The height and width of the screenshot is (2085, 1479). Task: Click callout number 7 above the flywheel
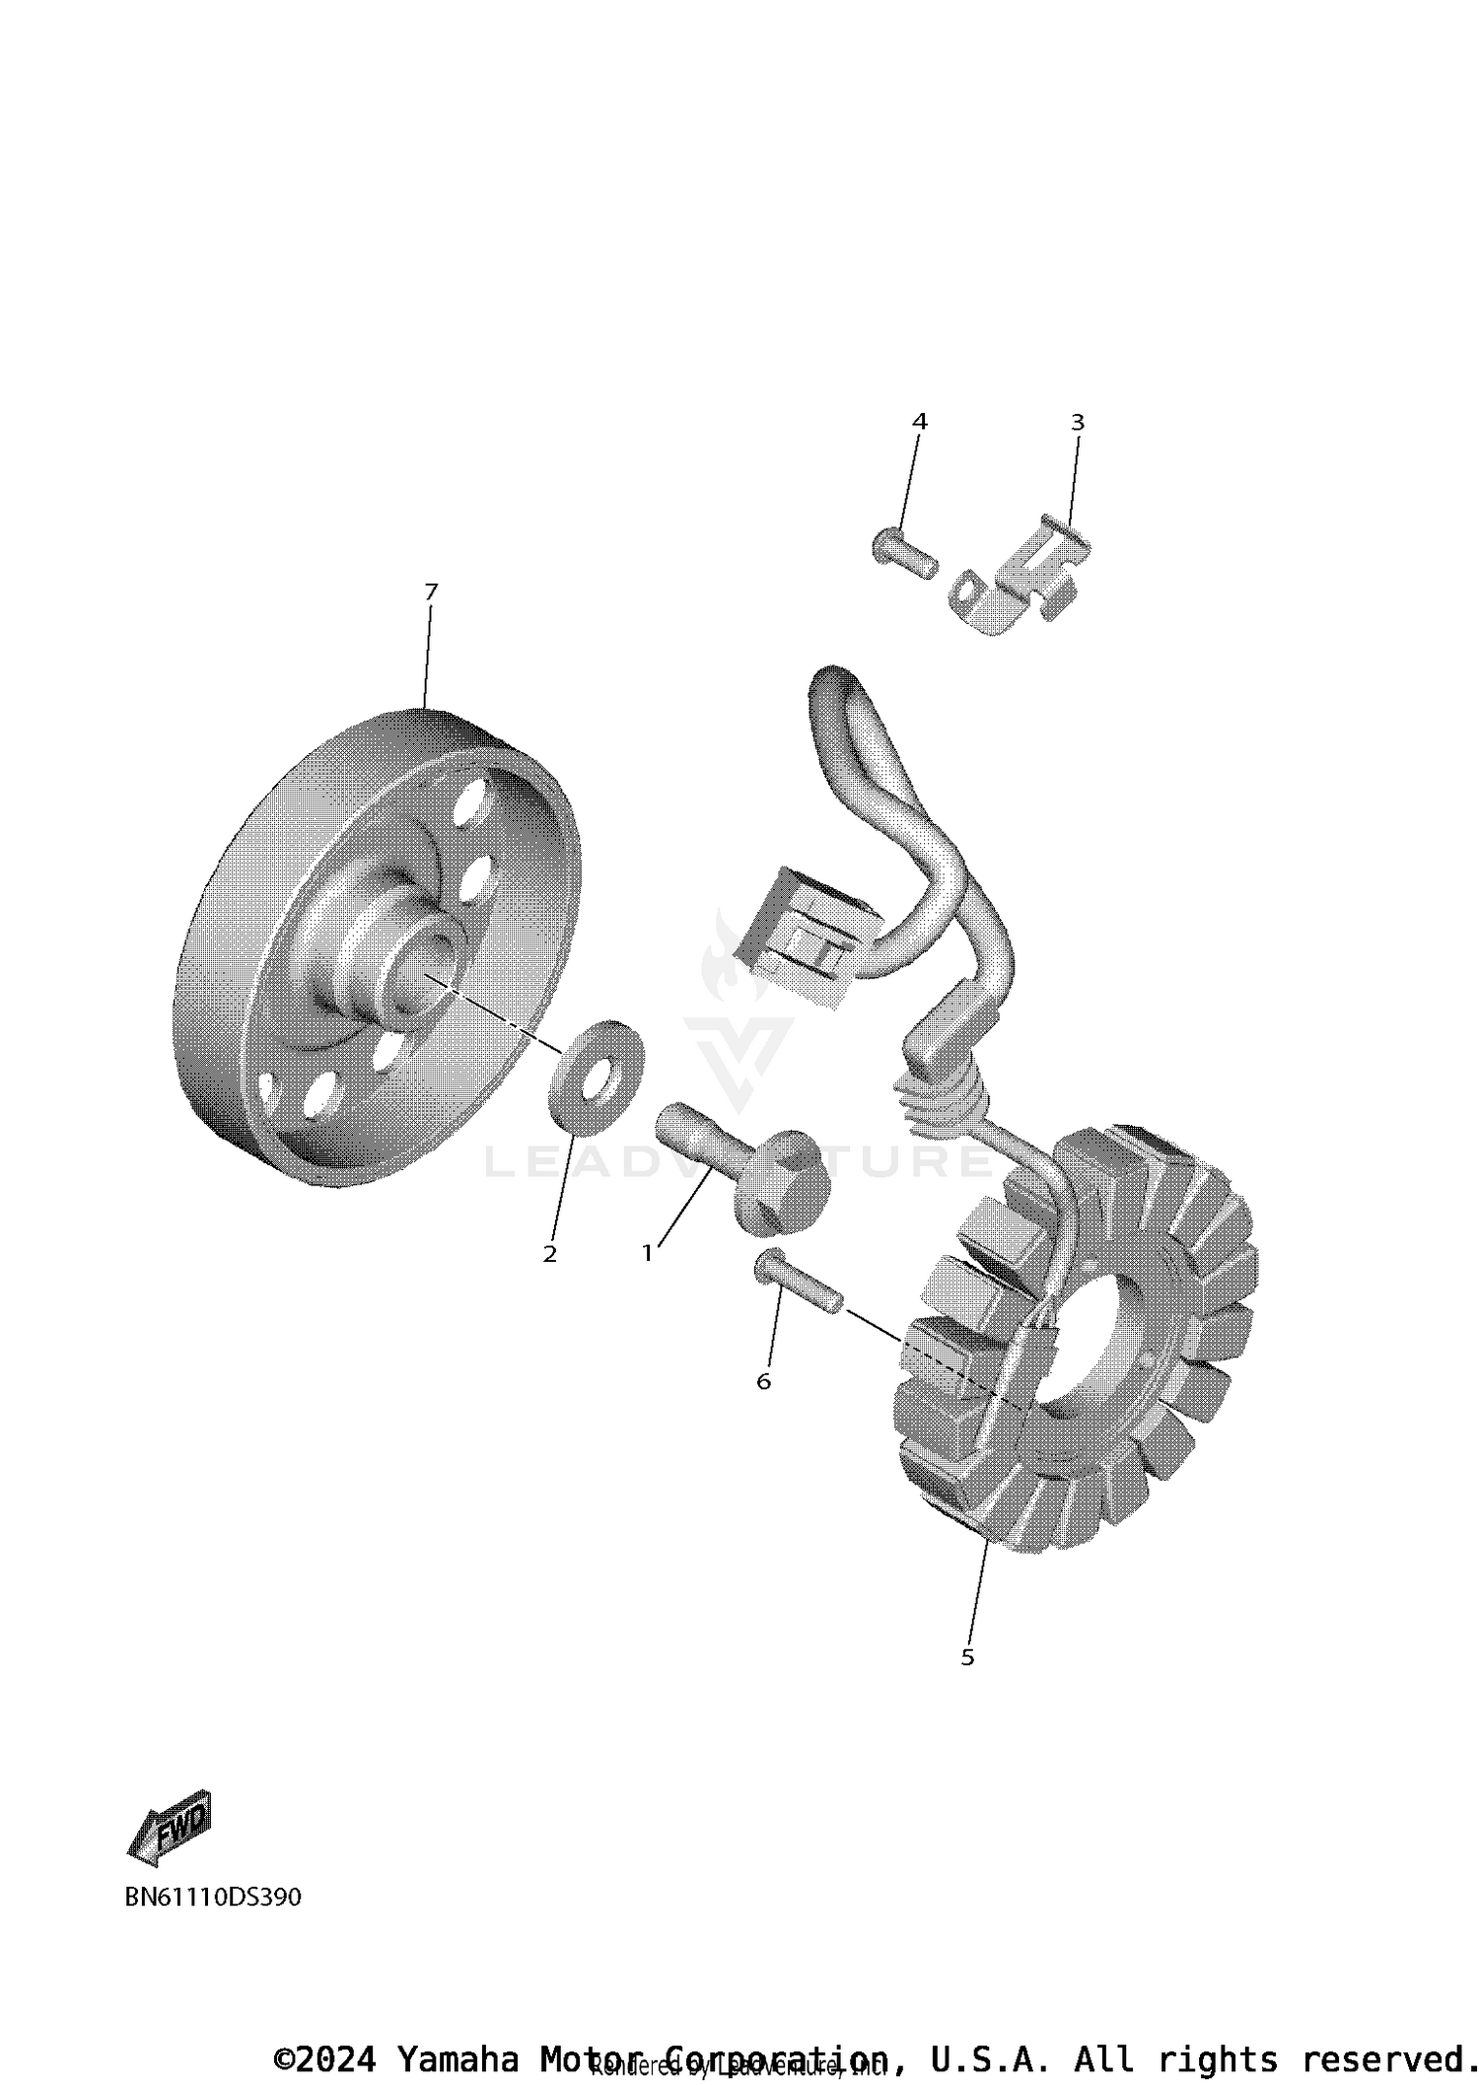(x=430, y=591)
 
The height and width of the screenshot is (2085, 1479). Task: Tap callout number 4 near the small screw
(x=919, y=422)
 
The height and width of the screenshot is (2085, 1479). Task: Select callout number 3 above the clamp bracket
(x=1077, y=422)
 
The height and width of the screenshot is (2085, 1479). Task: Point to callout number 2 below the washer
(x=549, y=1254)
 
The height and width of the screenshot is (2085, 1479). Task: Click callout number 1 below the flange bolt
(x=647, y=1254)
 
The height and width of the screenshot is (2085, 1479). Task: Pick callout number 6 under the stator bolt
(x=763, y=1381)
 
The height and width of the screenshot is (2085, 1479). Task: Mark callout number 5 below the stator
(x=966, y=1657)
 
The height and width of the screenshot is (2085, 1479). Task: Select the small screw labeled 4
(x=901, y=553)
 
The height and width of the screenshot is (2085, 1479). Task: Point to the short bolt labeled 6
(x=795, y=1282)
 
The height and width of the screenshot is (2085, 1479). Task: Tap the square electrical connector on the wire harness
(x=803, y=937)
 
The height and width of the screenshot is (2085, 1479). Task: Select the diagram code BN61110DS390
(x=213, y=1897)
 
